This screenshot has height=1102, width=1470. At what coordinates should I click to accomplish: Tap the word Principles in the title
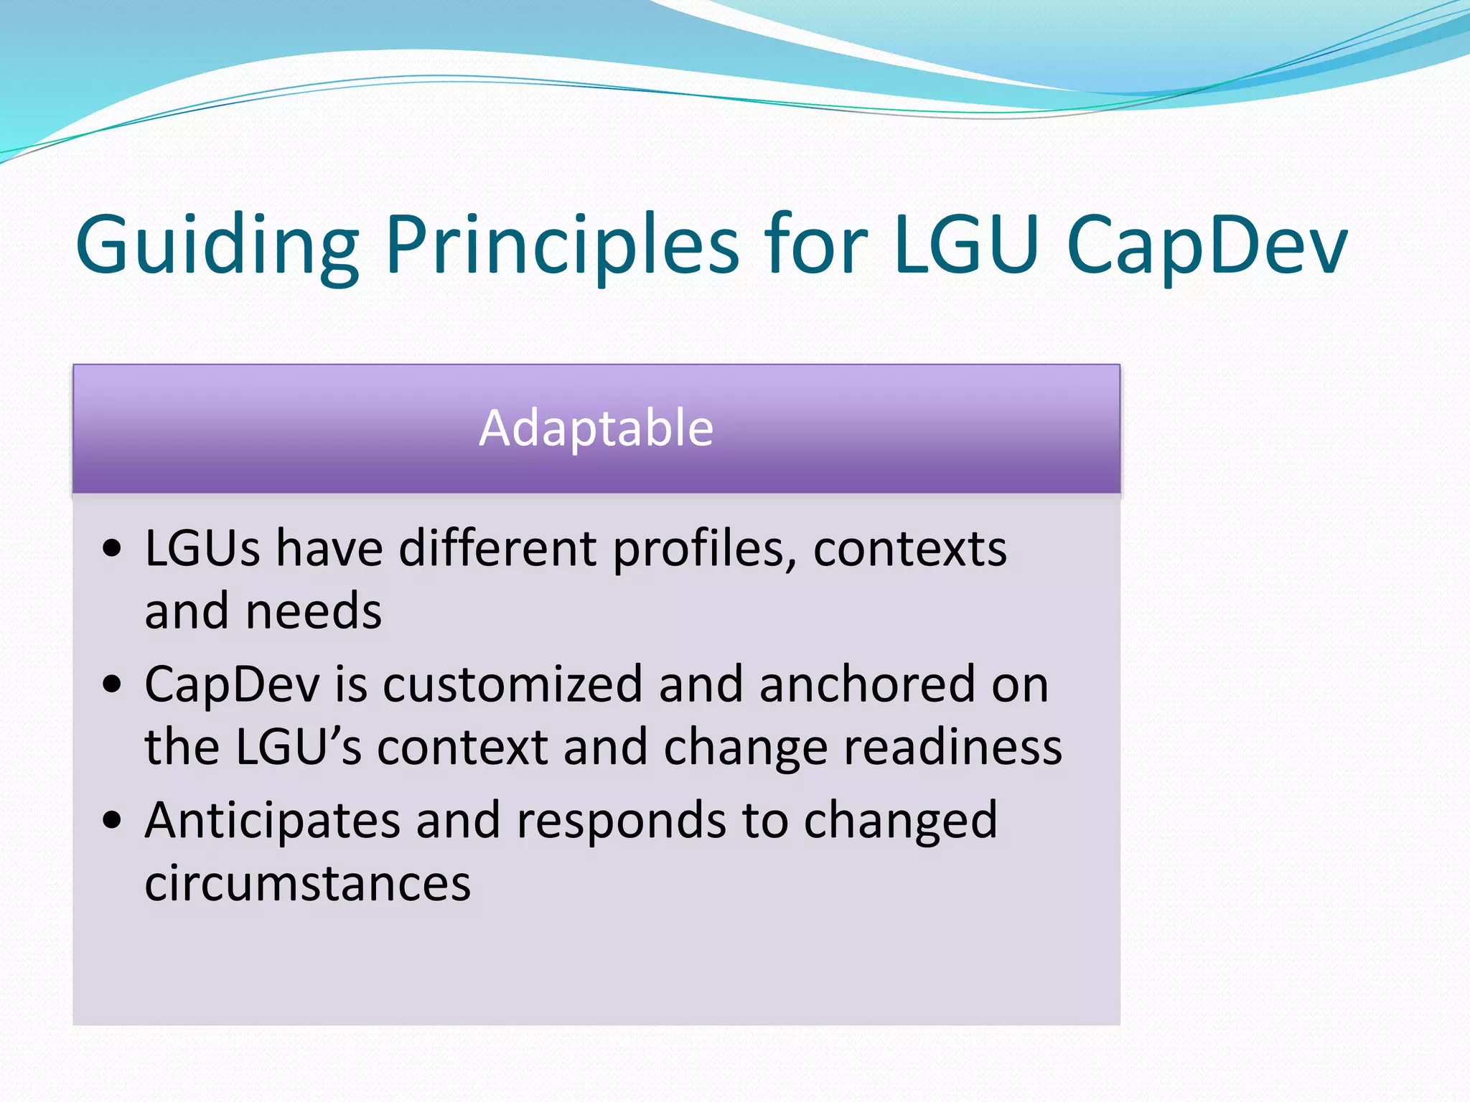pos(562,245)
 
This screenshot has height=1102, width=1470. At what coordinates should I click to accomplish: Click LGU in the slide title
pos(966,245)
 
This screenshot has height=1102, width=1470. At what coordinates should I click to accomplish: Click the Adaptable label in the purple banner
pos(596,428)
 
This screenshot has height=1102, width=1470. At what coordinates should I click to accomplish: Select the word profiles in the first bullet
pos(704,549)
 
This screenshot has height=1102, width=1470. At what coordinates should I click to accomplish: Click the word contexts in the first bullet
pos(909,549)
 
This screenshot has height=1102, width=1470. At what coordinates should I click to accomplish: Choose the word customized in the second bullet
pos(512,684)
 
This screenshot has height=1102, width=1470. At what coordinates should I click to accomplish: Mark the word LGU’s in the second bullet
pos(298,748)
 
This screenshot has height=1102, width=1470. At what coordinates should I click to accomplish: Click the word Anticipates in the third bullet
pos(272,821)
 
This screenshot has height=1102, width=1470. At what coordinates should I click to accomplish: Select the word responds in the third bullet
pos(621,821)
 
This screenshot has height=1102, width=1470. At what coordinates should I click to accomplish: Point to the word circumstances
pos(308,883)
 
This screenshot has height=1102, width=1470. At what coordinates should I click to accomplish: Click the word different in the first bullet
pos(497,549)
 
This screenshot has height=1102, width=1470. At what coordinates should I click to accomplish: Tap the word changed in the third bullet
pos(900,821)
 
